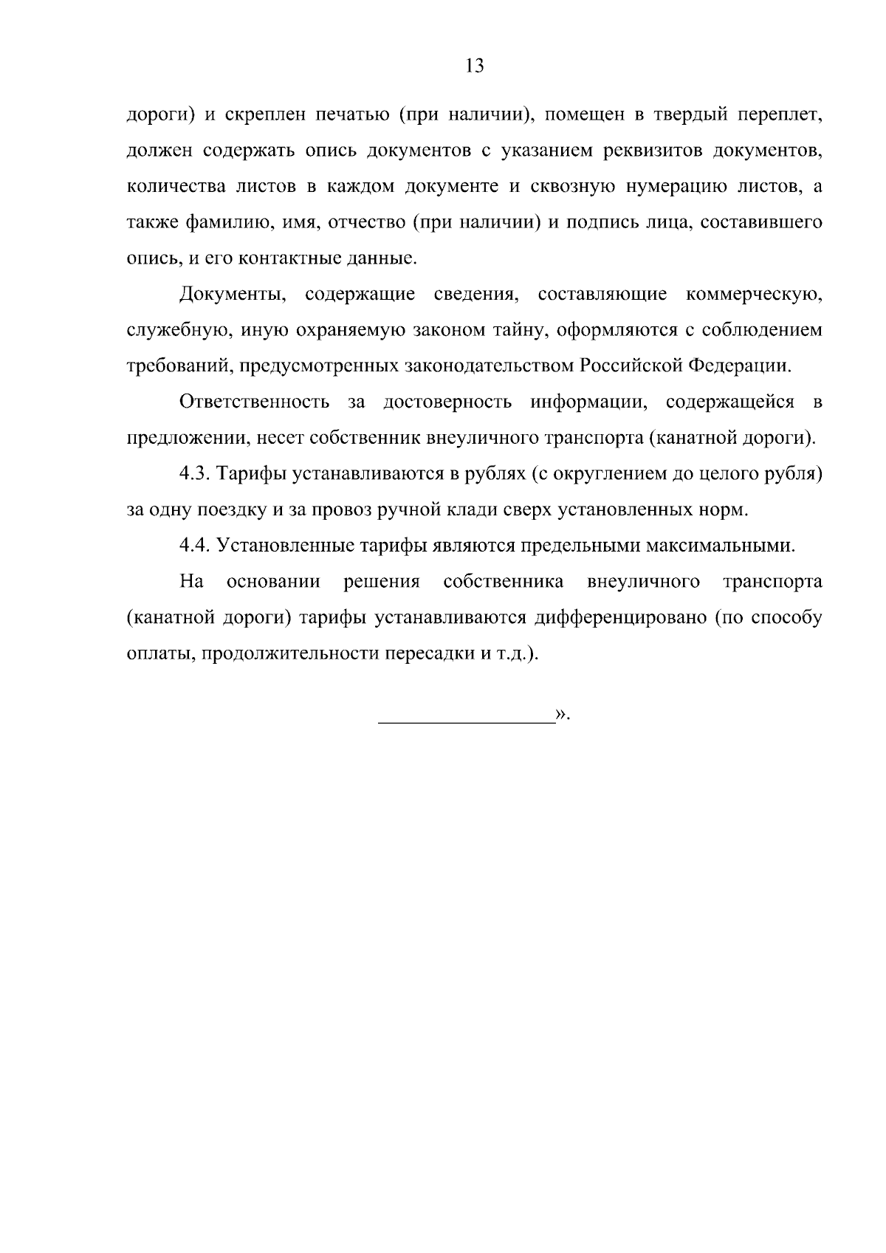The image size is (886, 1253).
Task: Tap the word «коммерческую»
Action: point(754,295)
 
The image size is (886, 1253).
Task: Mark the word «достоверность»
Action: point(448,402)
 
